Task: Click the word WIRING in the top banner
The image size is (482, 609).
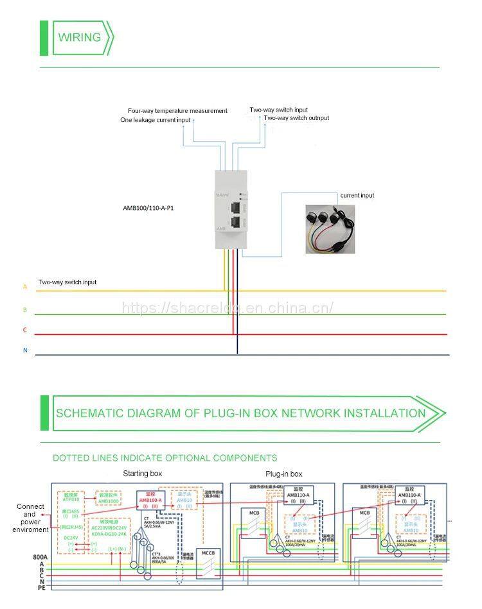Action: tap(80, 37)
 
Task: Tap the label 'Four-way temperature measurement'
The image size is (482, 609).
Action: tap(177, 111)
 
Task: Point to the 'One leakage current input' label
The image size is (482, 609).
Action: tap(156, 120)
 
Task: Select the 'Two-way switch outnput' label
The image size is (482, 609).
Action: tap(296, 118)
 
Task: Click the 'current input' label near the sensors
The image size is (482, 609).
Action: tap(357, 195)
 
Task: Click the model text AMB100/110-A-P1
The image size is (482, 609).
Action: tap(148, 208)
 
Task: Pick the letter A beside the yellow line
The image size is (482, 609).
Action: tap(25, 287)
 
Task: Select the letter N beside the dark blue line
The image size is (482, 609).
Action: tap(25, 350)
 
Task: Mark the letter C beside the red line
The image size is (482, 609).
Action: tap(25, 330)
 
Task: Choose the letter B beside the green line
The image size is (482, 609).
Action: tap(25, 309)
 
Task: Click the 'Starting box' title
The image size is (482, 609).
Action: tap(142, 474)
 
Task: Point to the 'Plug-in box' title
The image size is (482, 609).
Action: tap(283, 474)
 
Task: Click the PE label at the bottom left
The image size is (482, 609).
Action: tap(23, 587)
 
